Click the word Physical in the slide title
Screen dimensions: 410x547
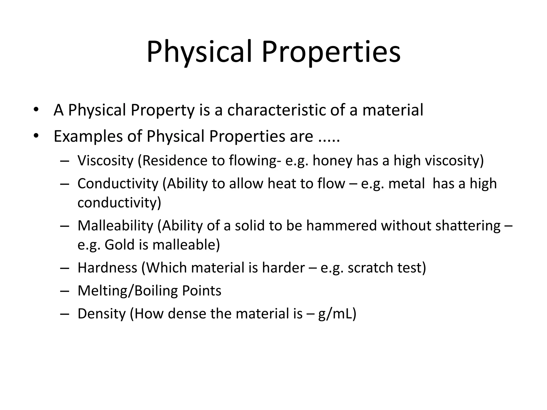[199, 52]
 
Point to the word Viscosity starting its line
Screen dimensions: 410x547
[105, 161]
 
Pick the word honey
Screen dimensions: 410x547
[332, 161]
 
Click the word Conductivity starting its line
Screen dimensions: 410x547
[118, 184]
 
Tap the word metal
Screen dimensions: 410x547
[406, 184]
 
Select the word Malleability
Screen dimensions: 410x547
[115, 226]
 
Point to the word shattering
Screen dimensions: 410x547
[468, 226]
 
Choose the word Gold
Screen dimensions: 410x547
[120, 245]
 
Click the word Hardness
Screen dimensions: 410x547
[107, 268]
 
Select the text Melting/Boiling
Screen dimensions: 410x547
[127, 291]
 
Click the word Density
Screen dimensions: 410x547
[101, 314]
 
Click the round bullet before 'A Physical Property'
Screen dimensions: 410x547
[36, 110]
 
